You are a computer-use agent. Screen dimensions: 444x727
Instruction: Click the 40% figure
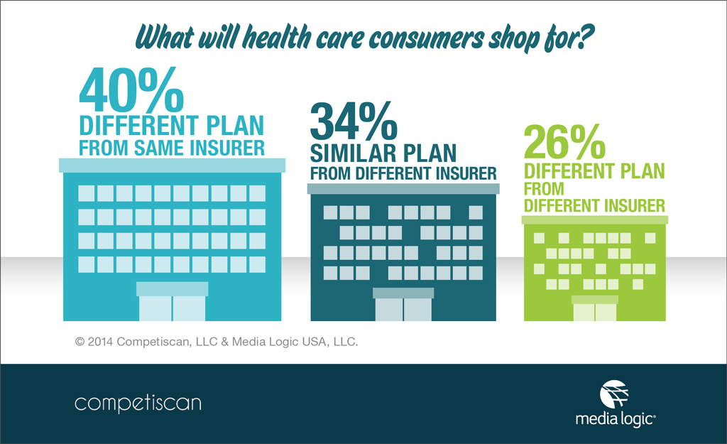pos(133,88)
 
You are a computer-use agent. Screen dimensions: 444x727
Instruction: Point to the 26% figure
pos(564,142)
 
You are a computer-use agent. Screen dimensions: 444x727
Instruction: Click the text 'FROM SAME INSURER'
pos(171,148)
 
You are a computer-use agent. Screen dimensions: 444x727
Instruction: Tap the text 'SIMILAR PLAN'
pos(382,152)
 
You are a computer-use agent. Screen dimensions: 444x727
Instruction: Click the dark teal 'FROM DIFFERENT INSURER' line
pos(403,173)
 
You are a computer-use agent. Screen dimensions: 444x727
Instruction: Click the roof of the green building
pos(594,220)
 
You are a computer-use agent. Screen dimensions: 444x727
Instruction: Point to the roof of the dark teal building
pos(403,188)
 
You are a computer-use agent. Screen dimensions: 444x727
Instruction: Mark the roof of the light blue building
pos(172,165)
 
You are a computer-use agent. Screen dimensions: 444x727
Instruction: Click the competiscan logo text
pos(138,404)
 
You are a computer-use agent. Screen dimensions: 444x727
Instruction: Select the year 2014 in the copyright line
pos(102,342)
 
